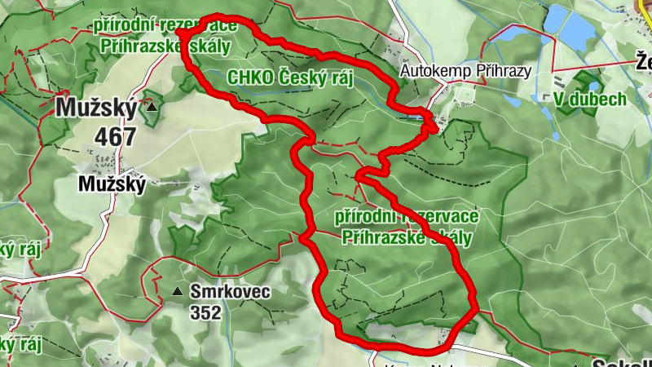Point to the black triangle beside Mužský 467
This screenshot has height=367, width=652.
coord(152,107)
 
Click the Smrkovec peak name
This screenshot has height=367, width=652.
coord(230,291)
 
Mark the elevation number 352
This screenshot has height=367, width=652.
coord(205,312)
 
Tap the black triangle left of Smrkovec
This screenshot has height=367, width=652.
coord(177,291)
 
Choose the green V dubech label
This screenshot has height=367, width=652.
coord(589,99)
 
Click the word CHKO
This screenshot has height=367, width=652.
coord(248,78)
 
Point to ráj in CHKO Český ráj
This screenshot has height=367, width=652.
coord(340,78)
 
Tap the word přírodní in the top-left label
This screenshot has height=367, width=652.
coord(124,25)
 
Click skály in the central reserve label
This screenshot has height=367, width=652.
coord(447,237)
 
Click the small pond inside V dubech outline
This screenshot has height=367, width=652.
coord(594,85)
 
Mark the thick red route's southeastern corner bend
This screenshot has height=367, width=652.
coord(474,309)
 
